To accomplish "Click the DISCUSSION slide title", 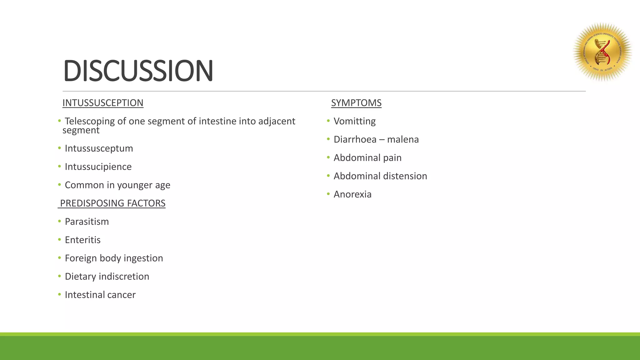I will [x=138, y=71].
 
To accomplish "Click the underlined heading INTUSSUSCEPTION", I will [x=103, y=103].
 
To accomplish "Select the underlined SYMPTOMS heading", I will [x=356, y=103].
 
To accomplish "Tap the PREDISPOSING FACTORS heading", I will [x=112, y=203].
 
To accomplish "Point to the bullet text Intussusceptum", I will [x=99, y=148].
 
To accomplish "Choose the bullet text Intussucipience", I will [x=98, y=167].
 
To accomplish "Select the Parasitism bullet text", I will [x=87, y=222].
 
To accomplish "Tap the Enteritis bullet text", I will [x=82, y=240].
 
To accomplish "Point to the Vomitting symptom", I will [x=355, y=121].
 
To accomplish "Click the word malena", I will [x=403, y=139].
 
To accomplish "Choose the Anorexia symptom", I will [x=352, y=194].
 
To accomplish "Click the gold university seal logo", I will [x=602, y=52].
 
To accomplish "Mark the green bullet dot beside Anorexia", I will [x=328, y=194].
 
